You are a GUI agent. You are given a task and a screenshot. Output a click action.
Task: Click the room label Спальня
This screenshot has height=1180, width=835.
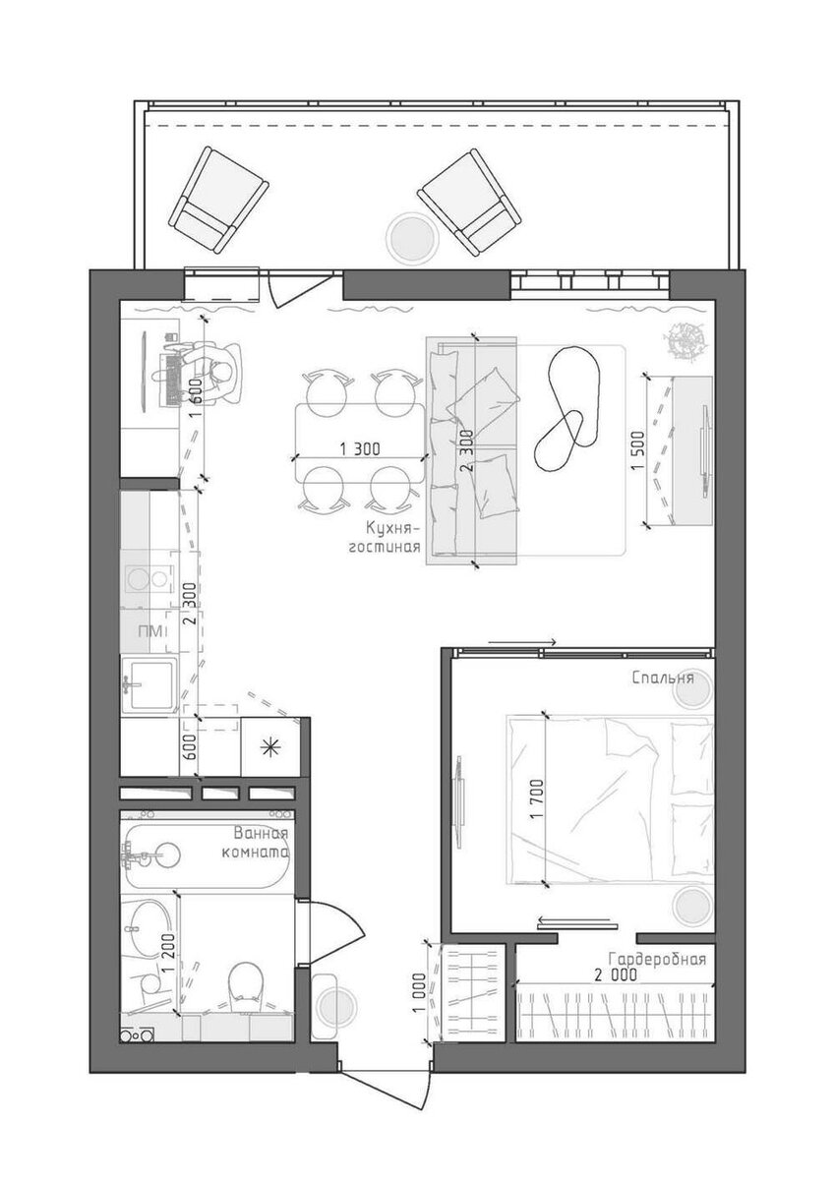tap(663, 677)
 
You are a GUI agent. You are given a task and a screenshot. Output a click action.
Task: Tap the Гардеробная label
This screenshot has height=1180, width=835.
tap(656, 959)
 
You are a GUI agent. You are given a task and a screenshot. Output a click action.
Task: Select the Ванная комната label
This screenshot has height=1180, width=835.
tap(255, 844)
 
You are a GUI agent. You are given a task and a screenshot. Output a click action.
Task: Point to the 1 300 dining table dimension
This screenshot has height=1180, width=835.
tap(360, 449)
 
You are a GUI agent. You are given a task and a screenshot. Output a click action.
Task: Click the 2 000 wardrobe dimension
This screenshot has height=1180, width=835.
tap(616, 975)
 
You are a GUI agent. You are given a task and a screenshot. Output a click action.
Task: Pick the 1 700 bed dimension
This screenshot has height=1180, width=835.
tap(537, 799)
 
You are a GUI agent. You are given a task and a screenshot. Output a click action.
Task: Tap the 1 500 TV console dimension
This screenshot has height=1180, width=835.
tap(638, 451)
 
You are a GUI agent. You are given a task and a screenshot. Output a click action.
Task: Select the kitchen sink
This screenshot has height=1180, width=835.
tap(149, 684)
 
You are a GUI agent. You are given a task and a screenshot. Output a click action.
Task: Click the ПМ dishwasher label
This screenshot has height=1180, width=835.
tap(150, 631)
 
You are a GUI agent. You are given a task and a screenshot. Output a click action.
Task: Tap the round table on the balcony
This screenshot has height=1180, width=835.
tap(412, 236)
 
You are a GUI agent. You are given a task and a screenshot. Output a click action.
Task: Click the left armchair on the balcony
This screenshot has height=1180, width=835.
tap(218, 201)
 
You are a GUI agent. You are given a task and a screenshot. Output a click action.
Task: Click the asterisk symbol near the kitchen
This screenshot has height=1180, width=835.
tap(270, 747)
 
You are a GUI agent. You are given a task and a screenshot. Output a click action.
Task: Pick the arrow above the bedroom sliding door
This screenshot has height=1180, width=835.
tap(522, 641)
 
